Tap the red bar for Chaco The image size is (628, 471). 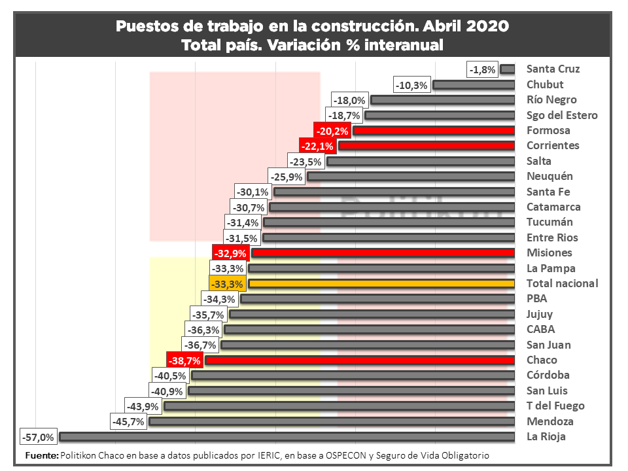(x=359, y=360)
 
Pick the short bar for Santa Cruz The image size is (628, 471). (x=508, y=69)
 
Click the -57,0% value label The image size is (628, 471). (x=38, y=436)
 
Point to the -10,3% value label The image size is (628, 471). (x=413, y=84)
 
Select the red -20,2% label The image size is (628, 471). (x=332, y=130)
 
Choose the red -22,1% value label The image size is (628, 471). (x=317, y=146)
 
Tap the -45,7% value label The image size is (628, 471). (x=128, y=421)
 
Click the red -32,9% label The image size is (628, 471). (x=230, y=253)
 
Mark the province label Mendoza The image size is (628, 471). (x=549, y=421)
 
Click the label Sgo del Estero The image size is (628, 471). (x=562, y=115)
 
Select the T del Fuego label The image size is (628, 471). (x=555, y=406)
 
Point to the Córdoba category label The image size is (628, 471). (x=548, y=375)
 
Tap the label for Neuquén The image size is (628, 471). (x=549, y=176)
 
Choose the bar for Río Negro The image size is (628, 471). (x=442, y=100)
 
